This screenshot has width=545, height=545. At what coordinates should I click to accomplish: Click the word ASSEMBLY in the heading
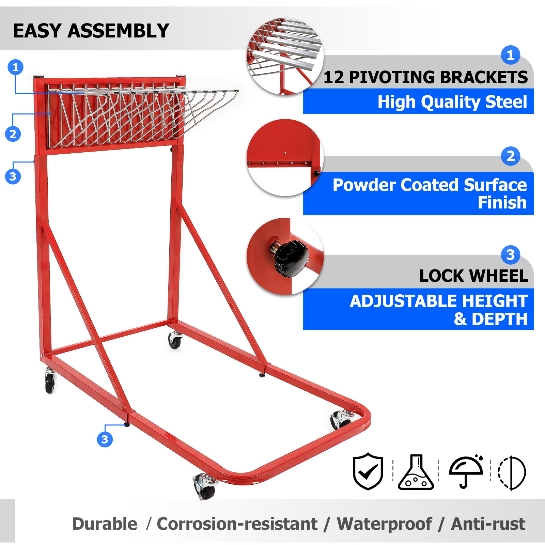click(118, 31)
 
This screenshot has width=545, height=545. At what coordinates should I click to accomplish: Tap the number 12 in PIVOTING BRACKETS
click(333, 77)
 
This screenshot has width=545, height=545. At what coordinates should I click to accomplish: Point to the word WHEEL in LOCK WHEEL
click(500, 276)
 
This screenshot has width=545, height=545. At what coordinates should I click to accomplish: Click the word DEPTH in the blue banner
click(499, 319)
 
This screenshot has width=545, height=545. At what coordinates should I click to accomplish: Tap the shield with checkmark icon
click(368, 471)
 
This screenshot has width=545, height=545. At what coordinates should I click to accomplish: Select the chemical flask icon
click(416, 472)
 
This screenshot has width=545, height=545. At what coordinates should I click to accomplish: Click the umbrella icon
click(466, 472)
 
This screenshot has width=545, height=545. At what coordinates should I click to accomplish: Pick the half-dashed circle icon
click(512, 472)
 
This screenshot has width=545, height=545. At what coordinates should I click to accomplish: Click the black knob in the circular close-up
click(291, 259)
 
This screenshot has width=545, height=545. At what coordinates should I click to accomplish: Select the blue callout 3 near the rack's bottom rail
click(105, 439)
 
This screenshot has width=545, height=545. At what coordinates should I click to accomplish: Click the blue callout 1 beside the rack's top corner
click(15, 67)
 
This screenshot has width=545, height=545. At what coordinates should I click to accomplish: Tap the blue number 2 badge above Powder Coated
click(510, 156)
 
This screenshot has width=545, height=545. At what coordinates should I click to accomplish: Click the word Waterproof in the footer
click(384, 524)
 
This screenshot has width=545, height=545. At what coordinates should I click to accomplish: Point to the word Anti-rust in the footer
click(488, 524)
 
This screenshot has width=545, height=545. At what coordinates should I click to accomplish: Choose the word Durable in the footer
click(105, 524)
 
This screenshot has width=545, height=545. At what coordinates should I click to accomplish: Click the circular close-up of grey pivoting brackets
click(285, 56)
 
